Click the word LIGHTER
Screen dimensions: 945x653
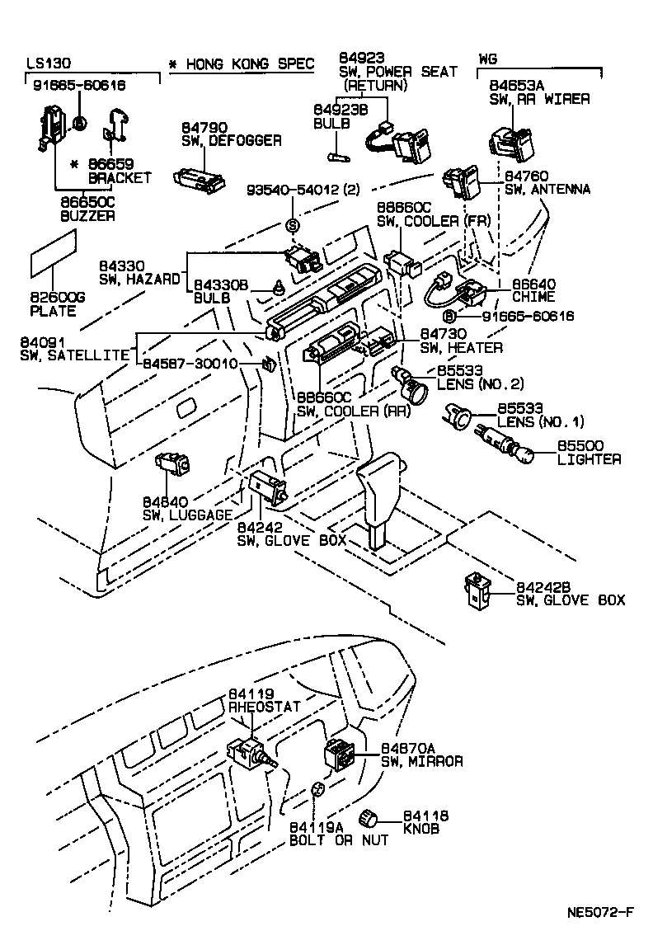tap(589, 459)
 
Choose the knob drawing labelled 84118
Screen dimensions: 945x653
tap(369, 818)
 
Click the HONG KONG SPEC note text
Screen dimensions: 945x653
tap(241, 64)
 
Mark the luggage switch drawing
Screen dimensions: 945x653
tap(171, 465)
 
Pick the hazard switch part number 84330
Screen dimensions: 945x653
tap(122, 266)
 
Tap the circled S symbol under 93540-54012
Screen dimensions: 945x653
tap(291, 226)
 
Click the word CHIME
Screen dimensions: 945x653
tap(534, 297)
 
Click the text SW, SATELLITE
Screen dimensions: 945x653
tap(75, 355)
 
